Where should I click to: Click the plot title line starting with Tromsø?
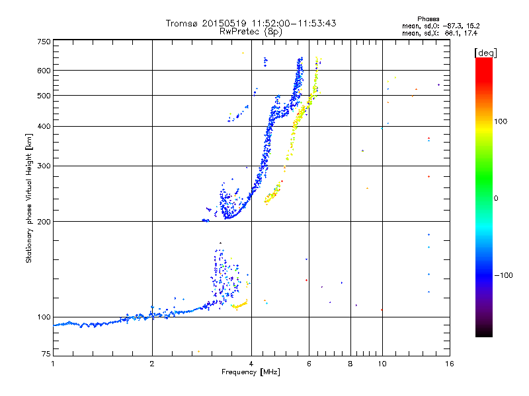251,23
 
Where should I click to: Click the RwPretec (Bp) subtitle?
251,31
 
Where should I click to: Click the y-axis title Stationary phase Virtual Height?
29,198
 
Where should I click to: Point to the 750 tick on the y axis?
44,42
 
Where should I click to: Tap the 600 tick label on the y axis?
44,71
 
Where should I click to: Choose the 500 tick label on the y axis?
44,96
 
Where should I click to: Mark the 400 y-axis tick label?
44,127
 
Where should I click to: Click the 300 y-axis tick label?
44,166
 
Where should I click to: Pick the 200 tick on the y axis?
44,222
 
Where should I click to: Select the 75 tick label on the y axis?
46,354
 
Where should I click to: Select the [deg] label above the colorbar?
486,52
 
